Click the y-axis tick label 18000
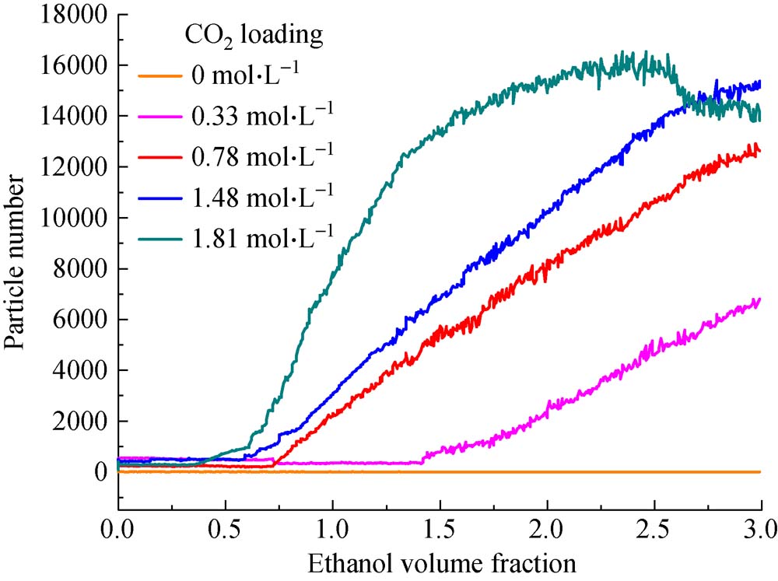[75, 15]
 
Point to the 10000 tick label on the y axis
[75, 219]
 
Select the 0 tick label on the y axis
[101, 473]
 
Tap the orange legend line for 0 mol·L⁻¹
[159, 76]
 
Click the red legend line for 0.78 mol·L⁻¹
[159, 152]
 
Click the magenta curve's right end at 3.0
[759, 299]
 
